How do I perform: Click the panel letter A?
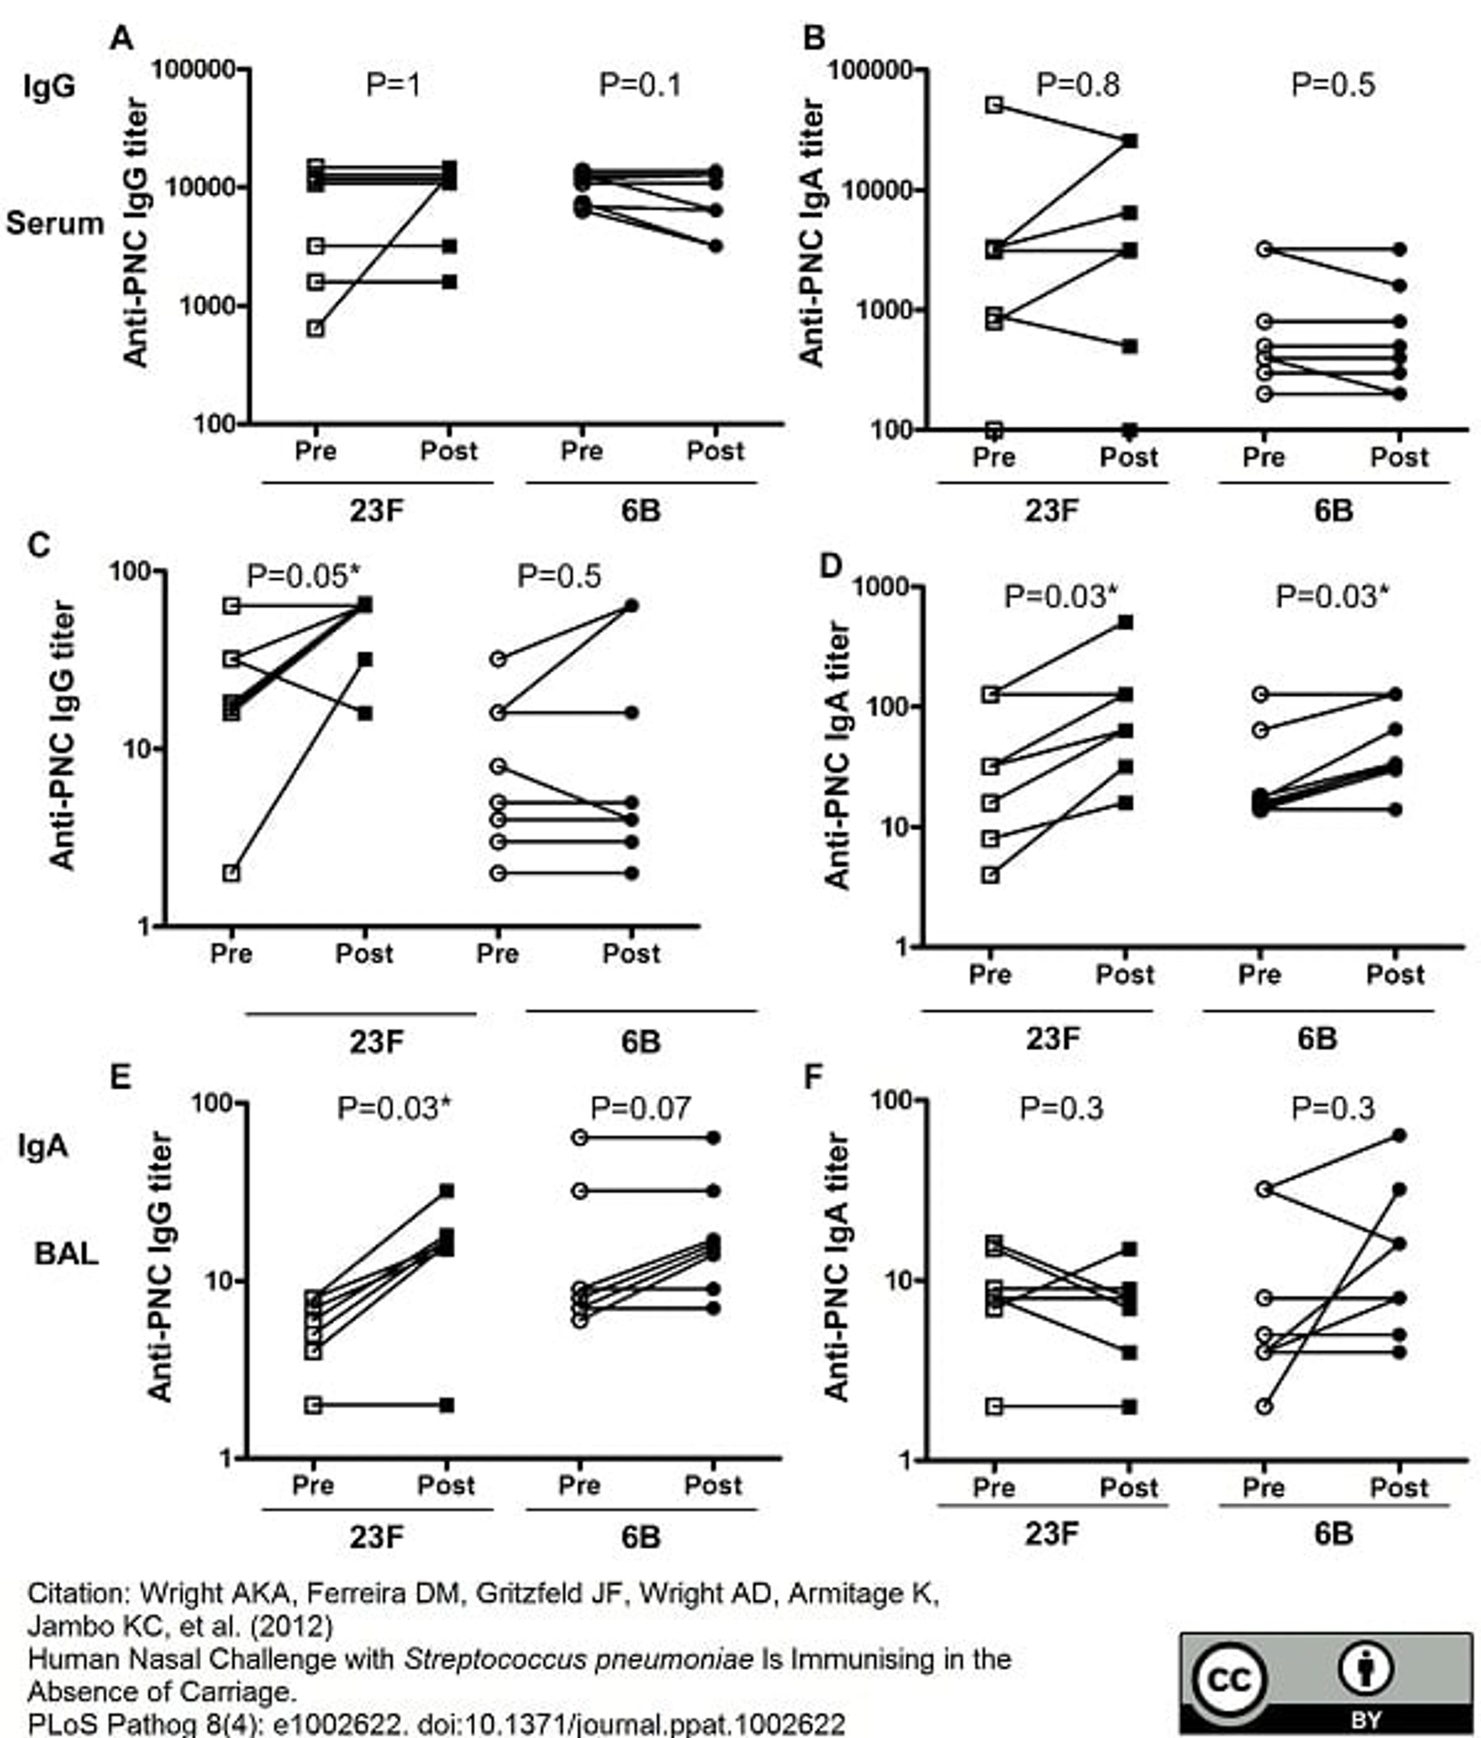click(121, 39)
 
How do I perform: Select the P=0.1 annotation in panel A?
click(640, 85)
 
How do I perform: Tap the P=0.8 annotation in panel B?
click(1078, 85)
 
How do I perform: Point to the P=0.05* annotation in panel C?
click(304, 576)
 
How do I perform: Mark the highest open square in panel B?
click(995, 105)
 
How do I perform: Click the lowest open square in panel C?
click(231, 873)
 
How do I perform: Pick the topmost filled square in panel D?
click(1125, 623)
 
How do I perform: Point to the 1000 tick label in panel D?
click(881, 587)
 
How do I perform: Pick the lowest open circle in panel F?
click(1264, 1406)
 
